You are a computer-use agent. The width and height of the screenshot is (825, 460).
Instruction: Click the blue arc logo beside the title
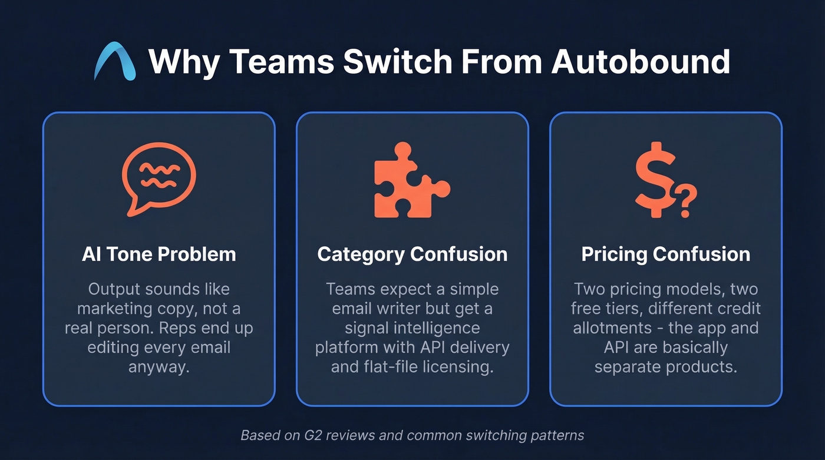(x=114, y=61)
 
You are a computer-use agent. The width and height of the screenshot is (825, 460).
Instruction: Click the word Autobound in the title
(x=641, y=61)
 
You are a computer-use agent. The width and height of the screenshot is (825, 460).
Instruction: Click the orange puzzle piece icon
(x=411, y=180)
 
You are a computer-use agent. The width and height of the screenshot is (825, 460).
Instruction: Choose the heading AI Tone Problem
(x=159, y=254)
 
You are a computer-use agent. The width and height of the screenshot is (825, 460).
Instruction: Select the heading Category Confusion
(x=412, y=254)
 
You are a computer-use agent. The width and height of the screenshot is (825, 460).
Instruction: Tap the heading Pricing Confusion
(x=665, y=254)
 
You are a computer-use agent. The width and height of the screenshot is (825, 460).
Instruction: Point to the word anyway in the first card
(x=159, y=367)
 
